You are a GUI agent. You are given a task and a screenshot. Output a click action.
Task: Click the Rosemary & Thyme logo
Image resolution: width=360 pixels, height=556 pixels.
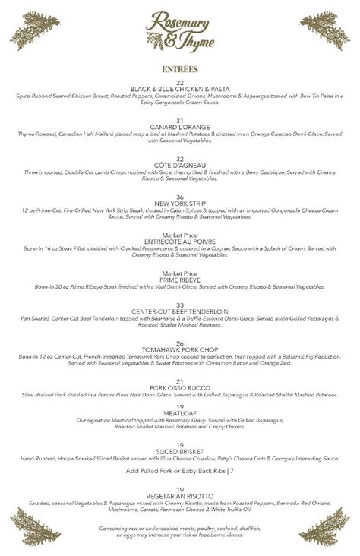[x=179, y=31]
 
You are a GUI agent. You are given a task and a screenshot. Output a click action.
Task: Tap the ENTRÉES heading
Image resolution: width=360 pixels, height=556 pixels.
[x=179, y=69]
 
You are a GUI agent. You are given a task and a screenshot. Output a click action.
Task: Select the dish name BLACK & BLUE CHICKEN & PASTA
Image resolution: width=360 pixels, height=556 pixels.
[x=180, y=90]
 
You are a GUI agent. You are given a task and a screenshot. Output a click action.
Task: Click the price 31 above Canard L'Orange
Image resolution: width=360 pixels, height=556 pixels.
[x=180, y=120]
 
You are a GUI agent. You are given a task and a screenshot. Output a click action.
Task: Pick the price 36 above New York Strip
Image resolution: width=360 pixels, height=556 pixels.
[x=180, y=197]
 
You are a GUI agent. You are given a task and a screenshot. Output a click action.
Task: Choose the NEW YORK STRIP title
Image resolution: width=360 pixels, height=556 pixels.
[x=180, y=204]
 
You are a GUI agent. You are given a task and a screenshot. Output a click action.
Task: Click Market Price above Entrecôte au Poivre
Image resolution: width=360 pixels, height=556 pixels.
[x=180, y=235]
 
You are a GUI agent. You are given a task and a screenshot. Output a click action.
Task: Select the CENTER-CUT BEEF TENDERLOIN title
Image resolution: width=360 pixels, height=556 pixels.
[x=180, y=311]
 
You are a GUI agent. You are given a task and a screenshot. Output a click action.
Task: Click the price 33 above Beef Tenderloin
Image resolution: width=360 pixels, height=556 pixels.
[x=180, y=305]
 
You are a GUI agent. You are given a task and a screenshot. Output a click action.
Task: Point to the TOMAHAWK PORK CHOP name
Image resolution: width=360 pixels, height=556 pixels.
[x=180, y=349]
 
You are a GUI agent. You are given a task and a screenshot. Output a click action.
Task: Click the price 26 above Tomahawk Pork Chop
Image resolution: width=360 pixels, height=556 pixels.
[x=180, y=343]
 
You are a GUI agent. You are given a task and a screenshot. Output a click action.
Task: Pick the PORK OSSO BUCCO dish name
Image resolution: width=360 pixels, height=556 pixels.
[x=180, y=388]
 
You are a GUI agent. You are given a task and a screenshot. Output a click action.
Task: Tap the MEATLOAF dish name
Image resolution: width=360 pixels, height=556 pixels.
[x=180, y=412]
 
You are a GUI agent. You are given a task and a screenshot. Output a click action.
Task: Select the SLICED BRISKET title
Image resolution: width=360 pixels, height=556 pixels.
[x=180, y=451]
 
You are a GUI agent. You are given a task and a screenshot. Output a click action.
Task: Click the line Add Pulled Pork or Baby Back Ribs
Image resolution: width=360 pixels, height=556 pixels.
[x=180, y=471]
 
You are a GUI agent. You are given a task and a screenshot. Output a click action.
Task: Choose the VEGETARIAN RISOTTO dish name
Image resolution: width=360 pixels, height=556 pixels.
[x=180, y=496]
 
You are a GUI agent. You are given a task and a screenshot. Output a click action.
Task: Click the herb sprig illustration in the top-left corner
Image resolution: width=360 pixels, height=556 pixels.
[x=34, y=30]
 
